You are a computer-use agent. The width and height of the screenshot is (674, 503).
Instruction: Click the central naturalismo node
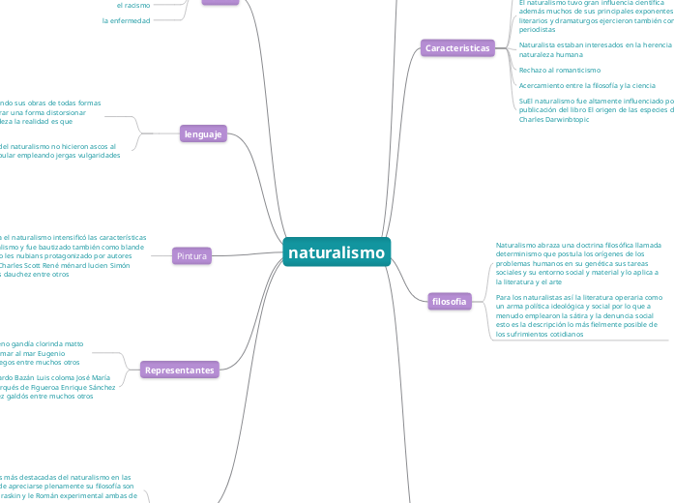coord(337,253)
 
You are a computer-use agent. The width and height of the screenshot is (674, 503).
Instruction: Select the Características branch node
coord(457,47)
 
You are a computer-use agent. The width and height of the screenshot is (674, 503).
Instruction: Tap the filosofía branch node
coord(450,301)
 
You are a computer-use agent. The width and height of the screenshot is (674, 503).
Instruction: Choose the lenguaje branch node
coord(203,134)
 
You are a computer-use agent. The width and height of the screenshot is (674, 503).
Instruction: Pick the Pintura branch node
coord(190,255)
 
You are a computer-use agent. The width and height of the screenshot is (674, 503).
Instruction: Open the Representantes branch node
coord(179,370)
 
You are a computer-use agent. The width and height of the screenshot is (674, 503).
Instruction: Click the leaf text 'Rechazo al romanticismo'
coord(559,70)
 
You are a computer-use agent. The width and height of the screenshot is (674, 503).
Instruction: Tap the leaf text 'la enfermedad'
coord(126,20)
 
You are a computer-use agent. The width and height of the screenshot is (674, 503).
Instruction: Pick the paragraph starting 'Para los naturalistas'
coord(578,314)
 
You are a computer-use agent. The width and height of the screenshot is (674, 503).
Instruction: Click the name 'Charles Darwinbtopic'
coord(554,119)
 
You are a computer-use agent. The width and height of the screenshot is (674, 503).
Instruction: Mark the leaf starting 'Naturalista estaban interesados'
coord(595,49)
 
